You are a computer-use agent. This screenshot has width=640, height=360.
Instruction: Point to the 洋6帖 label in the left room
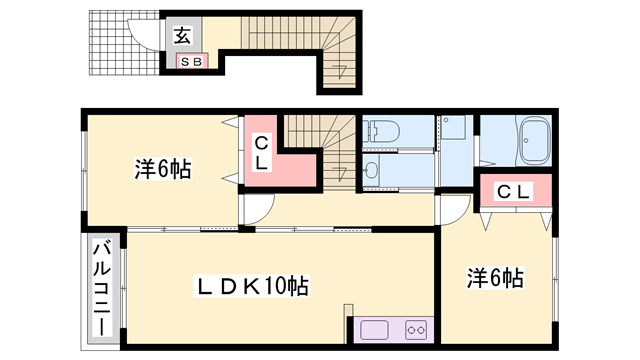162,169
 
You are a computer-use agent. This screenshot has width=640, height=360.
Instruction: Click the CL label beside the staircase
259,152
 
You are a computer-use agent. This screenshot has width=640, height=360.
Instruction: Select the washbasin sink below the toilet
372,171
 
